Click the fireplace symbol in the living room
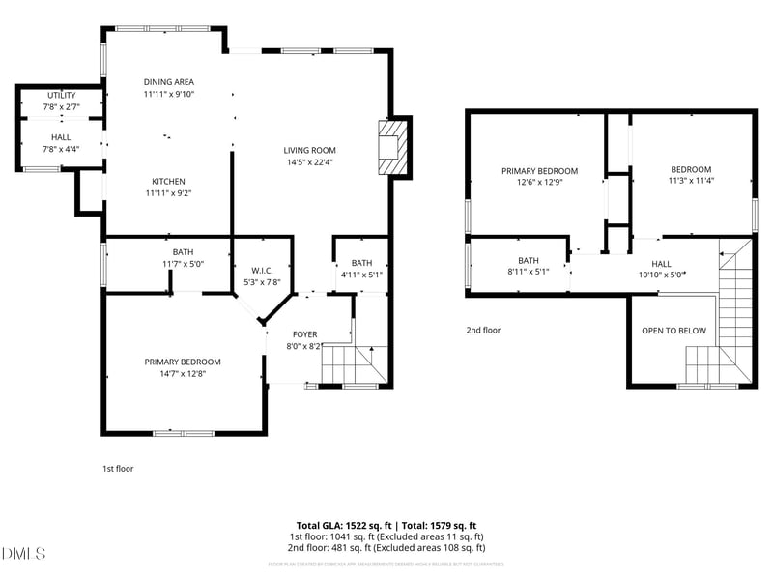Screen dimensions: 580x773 [392, 148]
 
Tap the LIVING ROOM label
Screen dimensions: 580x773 [309, 150]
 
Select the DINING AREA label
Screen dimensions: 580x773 [169, 82]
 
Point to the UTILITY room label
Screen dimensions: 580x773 [62, 95]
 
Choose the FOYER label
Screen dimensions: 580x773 [305, 334]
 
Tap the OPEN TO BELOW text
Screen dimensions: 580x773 [673, 331]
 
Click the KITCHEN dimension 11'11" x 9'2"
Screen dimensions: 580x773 [169, 193]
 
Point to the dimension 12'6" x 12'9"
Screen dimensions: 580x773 [539, 182]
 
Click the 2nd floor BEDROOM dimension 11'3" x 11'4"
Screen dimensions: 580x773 [691, 181]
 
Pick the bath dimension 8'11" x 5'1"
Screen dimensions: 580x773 [528, 273]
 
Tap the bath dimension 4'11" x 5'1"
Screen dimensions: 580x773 [361, 275]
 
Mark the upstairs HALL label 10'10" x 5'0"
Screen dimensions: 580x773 [661, 275]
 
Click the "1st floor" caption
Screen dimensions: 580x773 [118, 469]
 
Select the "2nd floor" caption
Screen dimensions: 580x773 [483, 330]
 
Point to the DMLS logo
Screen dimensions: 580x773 [24, 554]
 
